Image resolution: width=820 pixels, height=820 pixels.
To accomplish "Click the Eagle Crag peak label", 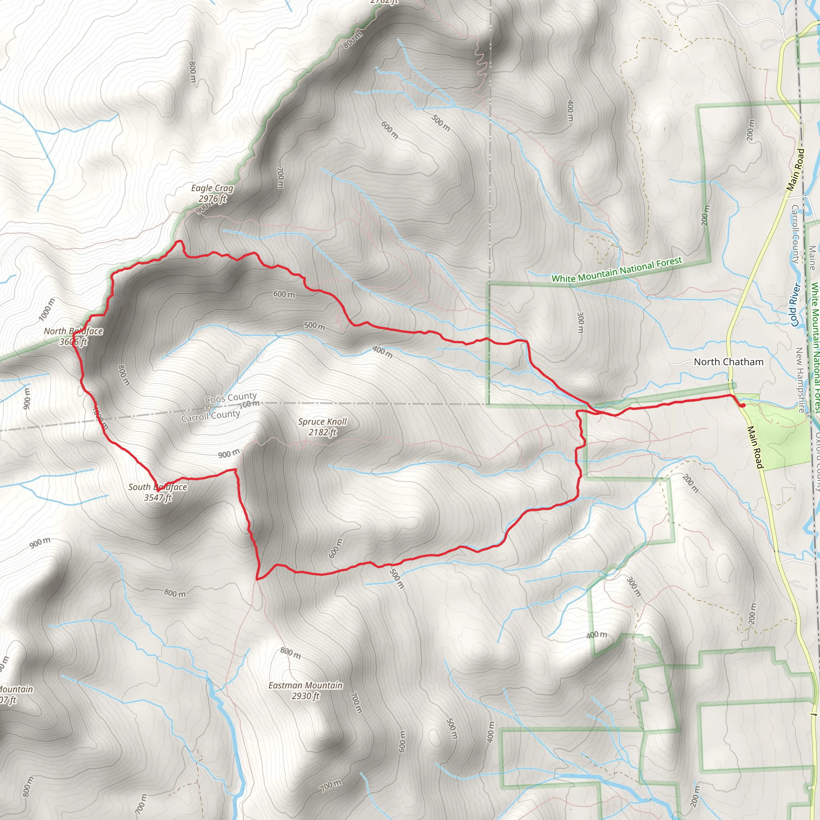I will (212, 193).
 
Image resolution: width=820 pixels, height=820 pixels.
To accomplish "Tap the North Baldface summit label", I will (73, 336).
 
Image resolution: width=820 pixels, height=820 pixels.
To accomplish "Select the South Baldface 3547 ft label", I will (157, 492).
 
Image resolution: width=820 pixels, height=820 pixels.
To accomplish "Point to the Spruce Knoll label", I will (322, 426).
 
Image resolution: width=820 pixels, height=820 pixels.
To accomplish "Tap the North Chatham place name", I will (728, 362).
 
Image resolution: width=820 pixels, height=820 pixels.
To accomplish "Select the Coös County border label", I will (231, 398).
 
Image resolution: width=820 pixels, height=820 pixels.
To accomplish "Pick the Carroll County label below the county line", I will (211, 416).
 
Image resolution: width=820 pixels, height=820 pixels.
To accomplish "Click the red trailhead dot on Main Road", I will (743, 405).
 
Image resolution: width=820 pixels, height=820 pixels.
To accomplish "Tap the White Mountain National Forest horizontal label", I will (616, 269).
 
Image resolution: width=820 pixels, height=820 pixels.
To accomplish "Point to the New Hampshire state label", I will (800, 380).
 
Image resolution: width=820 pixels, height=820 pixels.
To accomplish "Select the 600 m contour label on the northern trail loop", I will (284, 294).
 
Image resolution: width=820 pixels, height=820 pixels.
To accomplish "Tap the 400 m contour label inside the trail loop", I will (382, 352).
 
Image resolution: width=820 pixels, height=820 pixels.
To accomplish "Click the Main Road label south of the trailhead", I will (755, 447).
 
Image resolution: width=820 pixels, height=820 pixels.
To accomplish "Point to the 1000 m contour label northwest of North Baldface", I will (47, 310).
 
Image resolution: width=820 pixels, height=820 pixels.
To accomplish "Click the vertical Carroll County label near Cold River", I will (794, 234).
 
